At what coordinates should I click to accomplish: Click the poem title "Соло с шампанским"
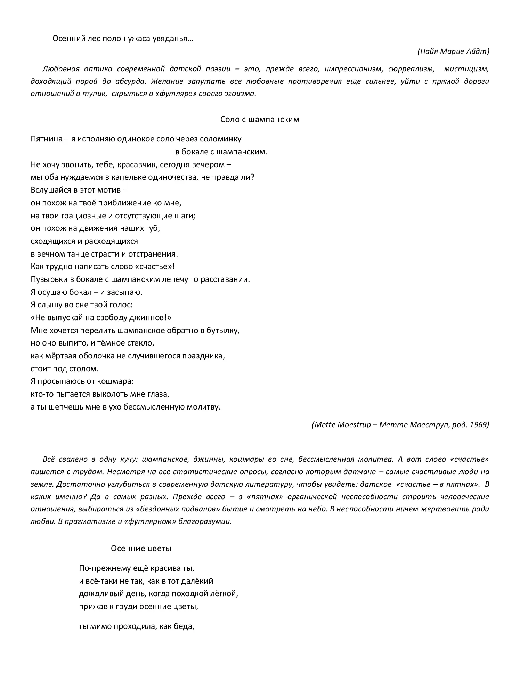260,120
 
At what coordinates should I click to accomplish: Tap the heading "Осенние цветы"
141,549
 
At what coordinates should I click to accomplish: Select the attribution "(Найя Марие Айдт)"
453,51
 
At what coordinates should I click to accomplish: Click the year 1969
479,424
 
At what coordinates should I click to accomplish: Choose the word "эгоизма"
241,94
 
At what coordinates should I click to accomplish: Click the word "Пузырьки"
47,279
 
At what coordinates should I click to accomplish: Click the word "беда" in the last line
185,627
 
